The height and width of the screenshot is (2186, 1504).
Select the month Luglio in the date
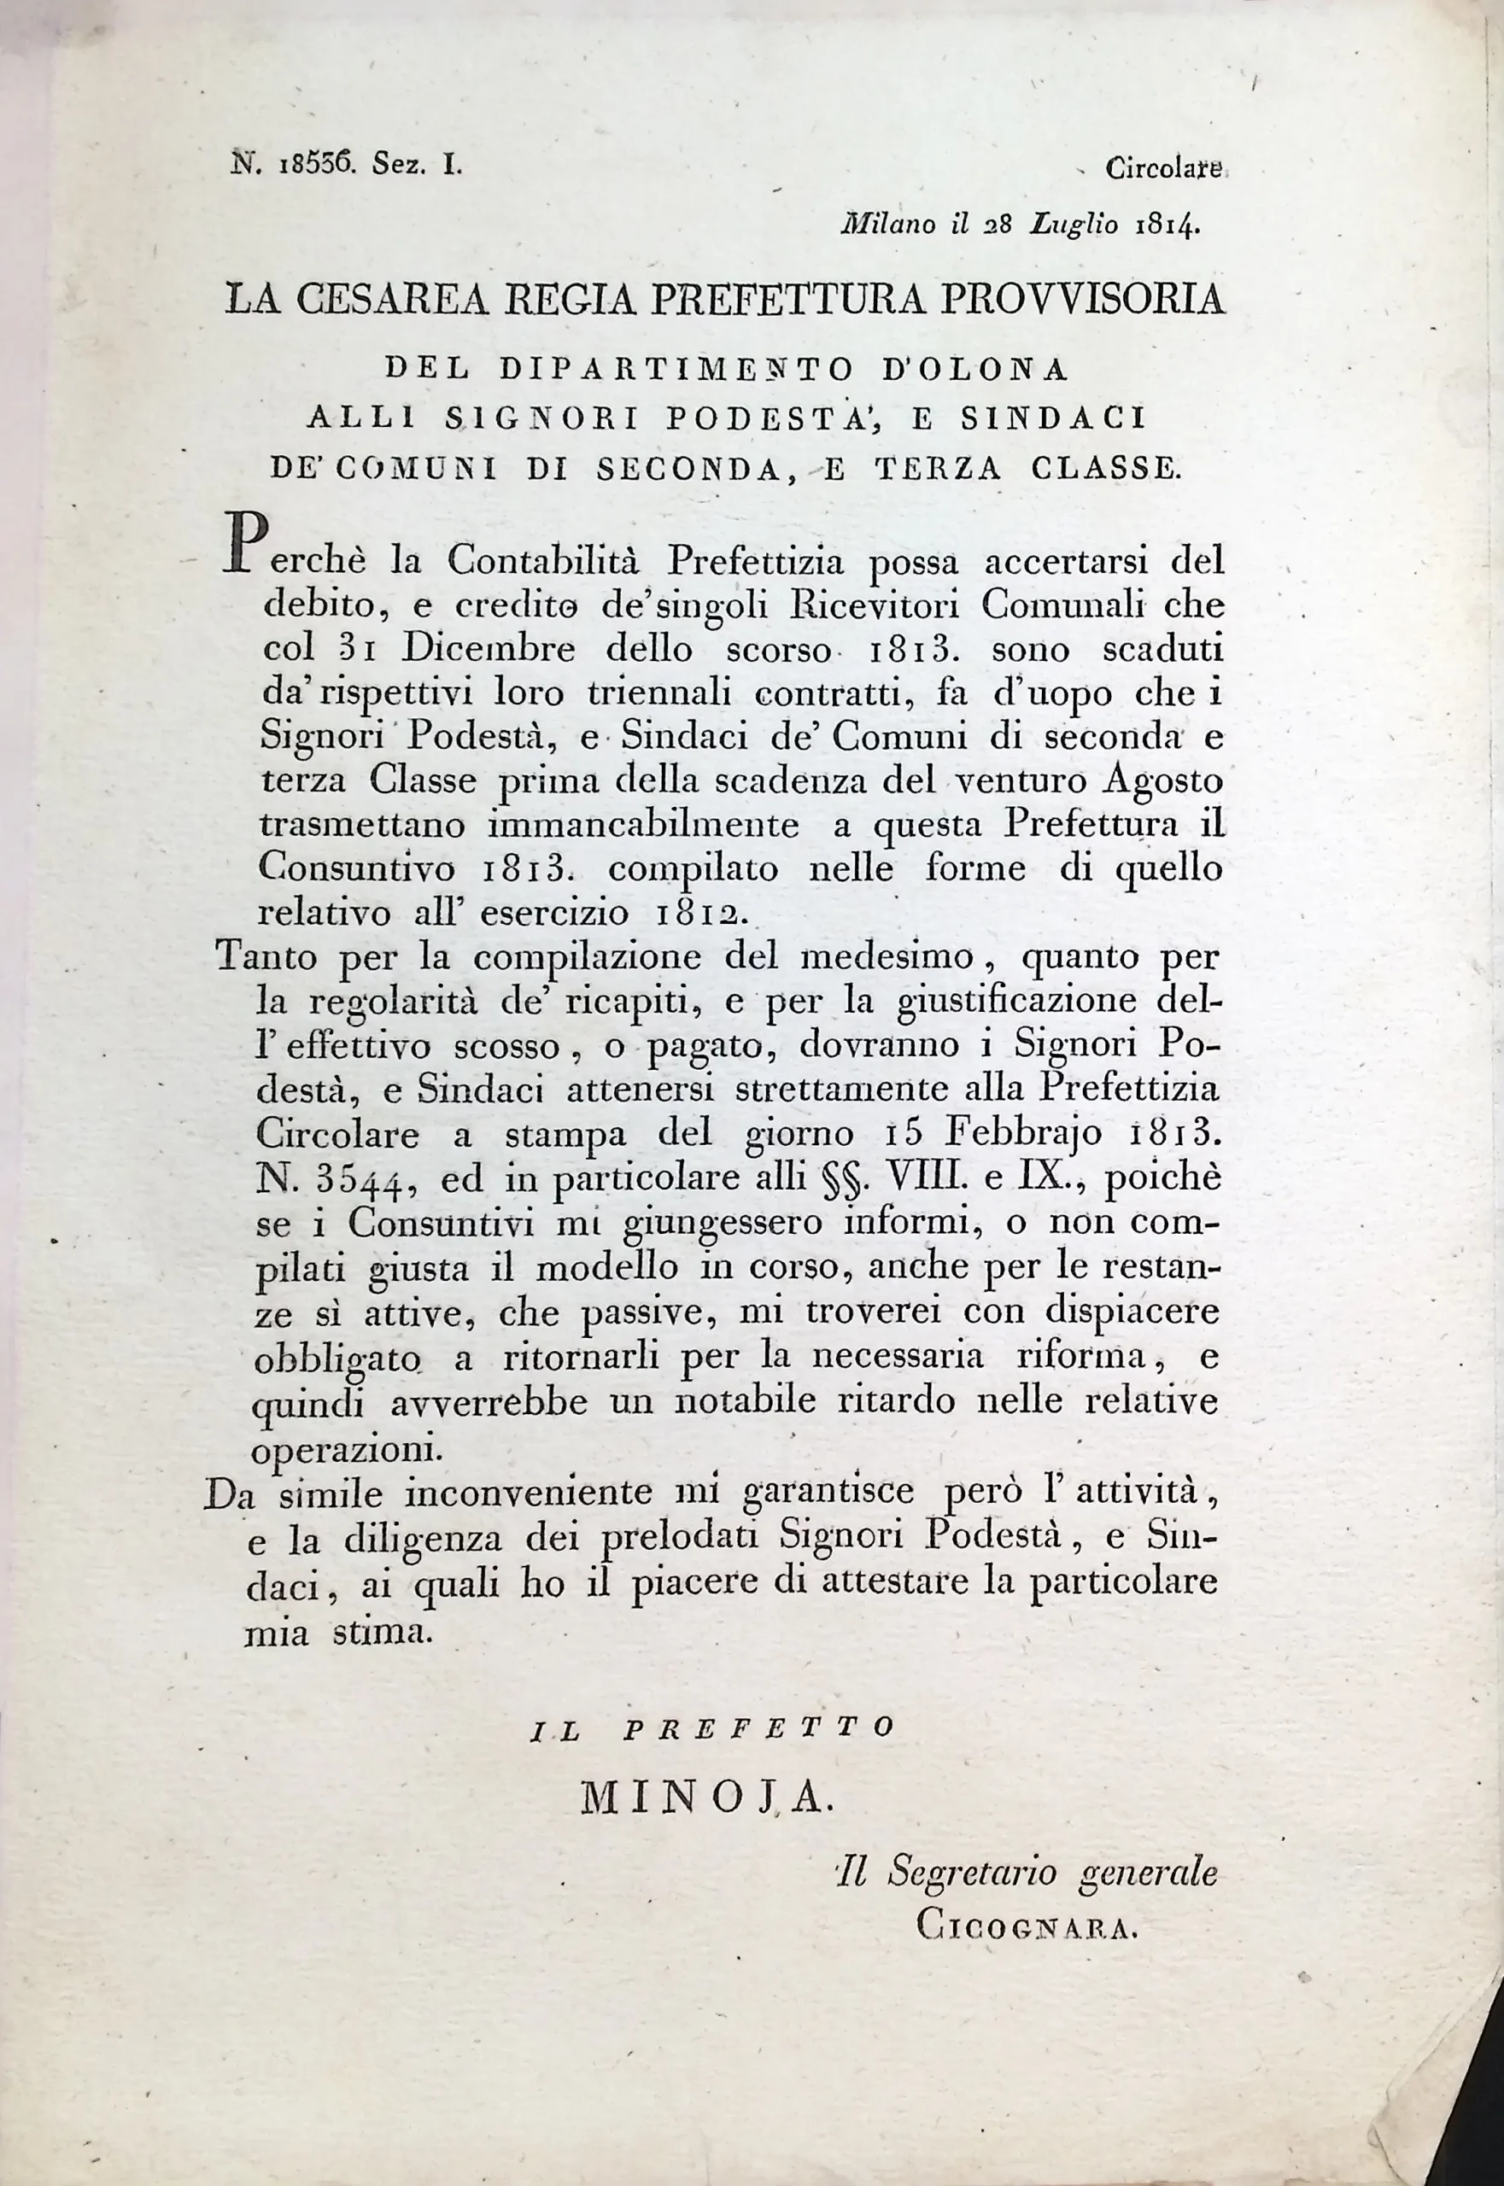click(x=1074, y=225)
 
